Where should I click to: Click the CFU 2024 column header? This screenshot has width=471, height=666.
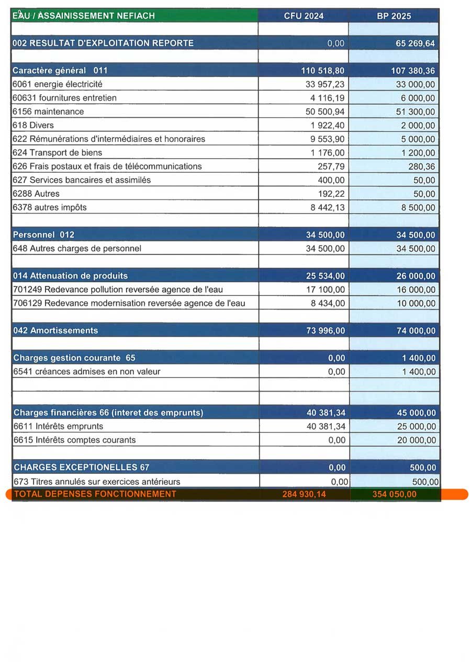coord(304,16)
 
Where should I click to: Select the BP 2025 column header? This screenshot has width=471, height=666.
coord(394,16)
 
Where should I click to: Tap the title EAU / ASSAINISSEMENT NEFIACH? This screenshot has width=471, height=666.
coord(84,16)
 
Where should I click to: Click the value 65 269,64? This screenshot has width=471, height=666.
coord(415,43)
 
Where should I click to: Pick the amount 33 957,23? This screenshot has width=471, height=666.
coord(325,84)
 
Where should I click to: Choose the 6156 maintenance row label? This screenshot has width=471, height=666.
coord(48,112)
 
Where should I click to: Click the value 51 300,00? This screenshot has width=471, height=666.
coord(415,112)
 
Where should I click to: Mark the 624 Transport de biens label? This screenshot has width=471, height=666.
coord(57,153)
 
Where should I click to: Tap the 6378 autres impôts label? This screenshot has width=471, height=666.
coord(49,207)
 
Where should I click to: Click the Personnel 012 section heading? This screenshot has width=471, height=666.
coord(44,235)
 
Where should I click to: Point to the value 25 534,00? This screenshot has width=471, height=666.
coord(325,276)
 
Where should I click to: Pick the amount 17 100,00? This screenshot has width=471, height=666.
coord(325,290)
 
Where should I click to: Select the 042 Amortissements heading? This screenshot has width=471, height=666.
coord(55,330)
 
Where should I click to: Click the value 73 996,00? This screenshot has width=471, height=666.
coord(325,331)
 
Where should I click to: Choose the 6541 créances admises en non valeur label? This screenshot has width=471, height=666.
coord(86,372)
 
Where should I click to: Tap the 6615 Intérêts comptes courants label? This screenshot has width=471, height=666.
coord(74,440)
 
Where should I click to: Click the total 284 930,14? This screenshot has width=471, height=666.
coord(304,494)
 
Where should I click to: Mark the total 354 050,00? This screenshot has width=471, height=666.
coord(394,494)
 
